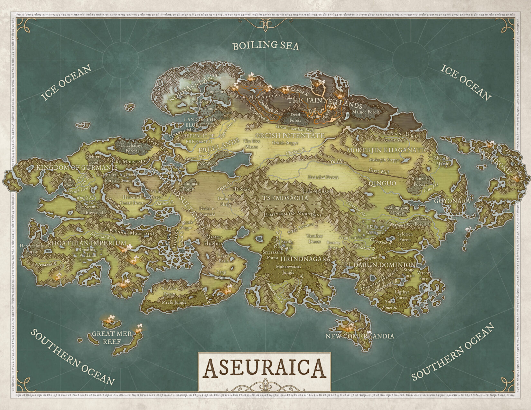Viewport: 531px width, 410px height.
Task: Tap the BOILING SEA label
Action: point(266,46)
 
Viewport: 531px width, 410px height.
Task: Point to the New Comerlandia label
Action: point(359,336)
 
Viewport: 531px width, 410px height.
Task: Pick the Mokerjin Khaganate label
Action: point(386,150)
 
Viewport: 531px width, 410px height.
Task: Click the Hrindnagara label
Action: point(305,259)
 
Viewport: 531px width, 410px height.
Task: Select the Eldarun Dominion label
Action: point(379,265)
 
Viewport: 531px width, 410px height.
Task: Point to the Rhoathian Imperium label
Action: point(87,243)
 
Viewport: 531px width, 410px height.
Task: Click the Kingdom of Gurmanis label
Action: point(77,167)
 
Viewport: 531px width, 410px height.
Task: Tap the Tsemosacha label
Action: point(285,198)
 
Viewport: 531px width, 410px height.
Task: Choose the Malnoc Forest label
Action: point(366,112)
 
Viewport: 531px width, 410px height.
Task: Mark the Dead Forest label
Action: point(295,118)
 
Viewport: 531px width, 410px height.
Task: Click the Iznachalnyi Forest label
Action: point(131,148)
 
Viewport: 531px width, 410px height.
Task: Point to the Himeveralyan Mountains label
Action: point(293,214)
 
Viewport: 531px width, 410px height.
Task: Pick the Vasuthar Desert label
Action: point(314,238)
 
